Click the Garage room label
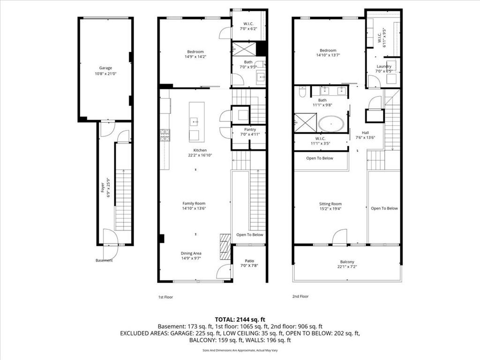coord(105,68)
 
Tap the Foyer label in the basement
coord(103,187)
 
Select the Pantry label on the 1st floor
coord(250,129)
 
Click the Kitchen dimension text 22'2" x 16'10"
coord(200,155)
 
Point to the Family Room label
coord(194,203)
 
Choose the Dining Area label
coord(191,253)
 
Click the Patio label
coord(249,261)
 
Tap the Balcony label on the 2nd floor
coord(347,262)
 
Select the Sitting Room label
coord(330,204)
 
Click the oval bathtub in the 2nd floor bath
coord(331,124)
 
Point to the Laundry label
coord(384,66)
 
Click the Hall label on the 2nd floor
coord(365,133)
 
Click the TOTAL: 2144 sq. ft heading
coord(240,320)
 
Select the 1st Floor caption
coord(165,297)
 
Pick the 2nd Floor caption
coord(300,296)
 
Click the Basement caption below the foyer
coord(104,261)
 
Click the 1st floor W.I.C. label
coord(248,23)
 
